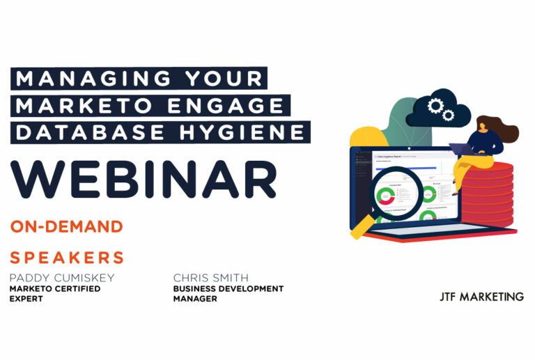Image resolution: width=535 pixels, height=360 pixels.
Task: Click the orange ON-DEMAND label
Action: click(67, 226)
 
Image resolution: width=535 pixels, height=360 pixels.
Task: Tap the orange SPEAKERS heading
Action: click(67, 258)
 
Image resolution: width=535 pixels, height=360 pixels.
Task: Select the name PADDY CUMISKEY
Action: click(62, 278)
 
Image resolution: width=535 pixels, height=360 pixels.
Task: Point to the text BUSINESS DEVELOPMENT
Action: click(228, 288)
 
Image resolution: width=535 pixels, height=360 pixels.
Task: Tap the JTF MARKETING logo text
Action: click(477, 297)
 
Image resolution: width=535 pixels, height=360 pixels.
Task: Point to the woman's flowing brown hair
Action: click(504, 130)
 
